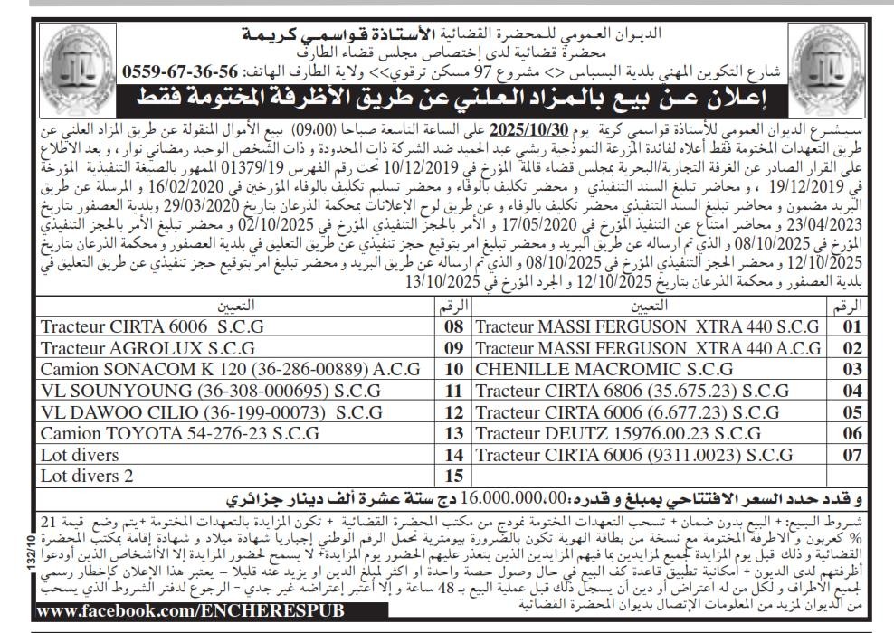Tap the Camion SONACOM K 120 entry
click(231, 369)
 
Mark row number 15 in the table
click(454, 474)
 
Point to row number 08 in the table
click(454, 326)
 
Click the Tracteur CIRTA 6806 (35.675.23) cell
click(632, 390)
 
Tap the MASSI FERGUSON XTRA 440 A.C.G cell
click(645, 346)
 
